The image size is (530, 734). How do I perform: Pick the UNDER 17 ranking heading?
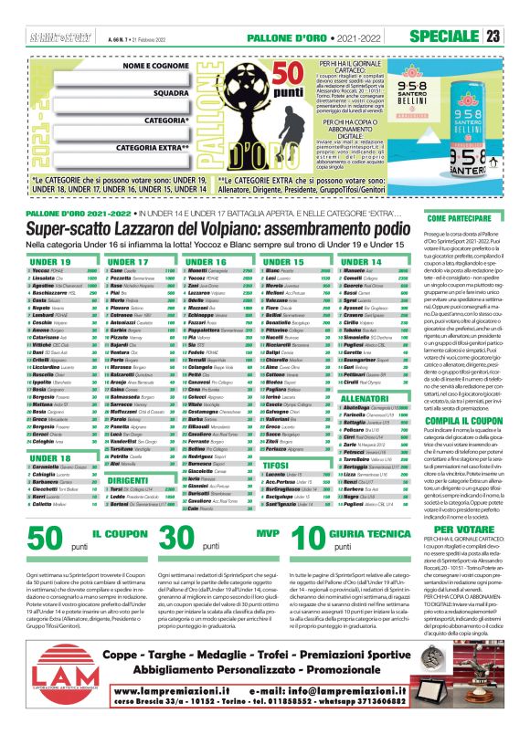click(x=126, y=261)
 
